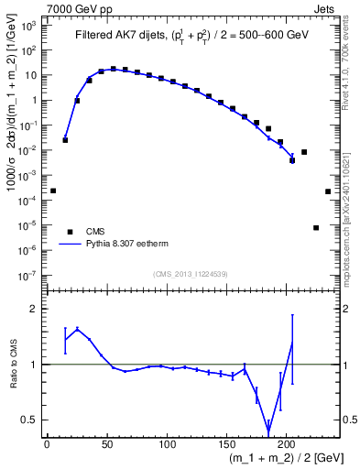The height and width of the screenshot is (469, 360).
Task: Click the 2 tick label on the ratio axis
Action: click(33, 309)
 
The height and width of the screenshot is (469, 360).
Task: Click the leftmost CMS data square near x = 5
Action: click(53, 191)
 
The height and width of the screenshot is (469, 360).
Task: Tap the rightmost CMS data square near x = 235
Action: click(328, 191)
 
